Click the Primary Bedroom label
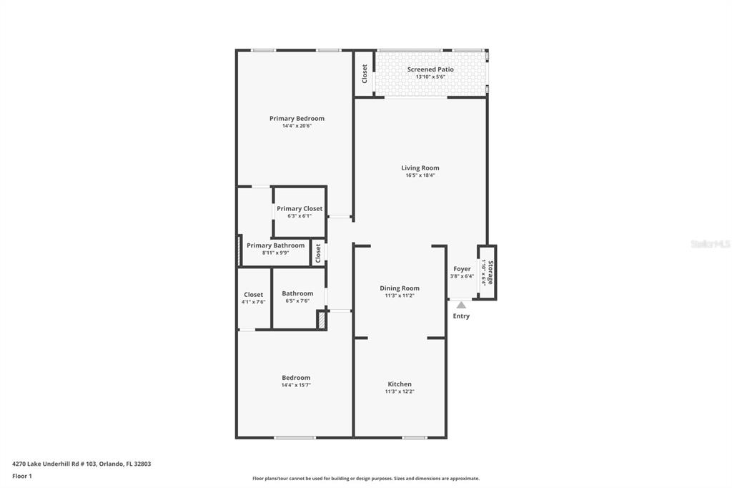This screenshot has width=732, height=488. (297, 118)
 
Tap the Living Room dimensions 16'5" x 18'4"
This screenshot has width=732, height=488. (420, 175)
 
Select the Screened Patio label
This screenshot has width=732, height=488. (430, 69)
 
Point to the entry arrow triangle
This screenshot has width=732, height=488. (461, 305)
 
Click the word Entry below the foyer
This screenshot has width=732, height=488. (461, 316)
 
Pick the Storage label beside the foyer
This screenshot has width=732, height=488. (490, 272)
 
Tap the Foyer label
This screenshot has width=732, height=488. (462, 269)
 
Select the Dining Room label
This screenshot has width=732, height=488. (400, 288)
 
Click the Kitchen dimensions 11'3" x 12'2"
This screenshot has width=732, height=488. (400, 392)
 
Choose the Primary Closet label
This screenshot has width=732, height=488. (300, 208)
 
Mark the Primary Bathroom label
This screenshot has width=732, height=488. (275, 245)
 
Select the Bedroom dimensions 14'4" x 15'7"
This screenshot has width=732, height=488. (296, 385)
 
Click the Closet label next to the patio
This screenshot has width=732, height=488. (365, 73)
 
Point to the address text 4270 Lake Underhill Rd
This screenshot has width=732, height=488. (81, 464)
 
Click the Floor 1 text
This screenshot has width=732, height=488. (22, 476)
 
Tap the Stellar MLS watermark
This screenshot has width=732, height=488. (710, 244)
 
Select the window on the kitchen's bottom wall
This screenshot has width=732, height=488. (414, 437)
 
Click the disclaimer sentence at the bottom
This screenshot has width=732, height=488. (365, 479)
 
